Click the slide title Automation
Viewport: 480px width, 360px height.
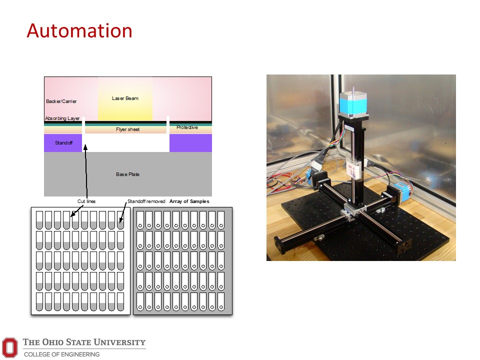click(x=79, y=31)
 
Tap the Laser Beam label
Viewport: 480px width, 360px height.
click(x=125, y=98)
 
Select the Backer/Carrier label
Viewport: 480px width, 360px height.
click(x=61, y=101)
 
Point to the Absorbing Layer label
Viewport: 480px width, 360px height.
click(x=62, y=118)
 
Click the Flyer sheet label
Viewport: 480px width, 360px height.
click(x=124, y=129)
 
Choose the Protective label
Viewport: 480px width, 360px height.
click(x=187, y=127)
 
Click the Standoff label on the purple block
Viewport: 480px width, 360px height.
click(x=63, y=143)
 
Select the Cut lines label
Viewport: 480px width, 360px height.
click(x=86, y=201)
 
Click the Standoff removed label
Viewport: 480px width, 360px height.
click(x=146, y=201)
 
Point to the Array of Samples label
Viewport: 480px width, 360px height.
click(x=189, y=201)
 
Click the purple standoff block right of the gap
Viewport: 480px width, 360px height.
click(x=190, y=143)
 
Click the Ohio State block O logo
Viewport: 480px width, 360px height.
click(x=10, y=346)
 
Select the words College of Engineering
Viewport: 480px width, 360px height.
click(x=61, y=354)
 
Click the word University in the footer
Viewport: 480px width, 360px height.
click(x=119, y=342)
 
